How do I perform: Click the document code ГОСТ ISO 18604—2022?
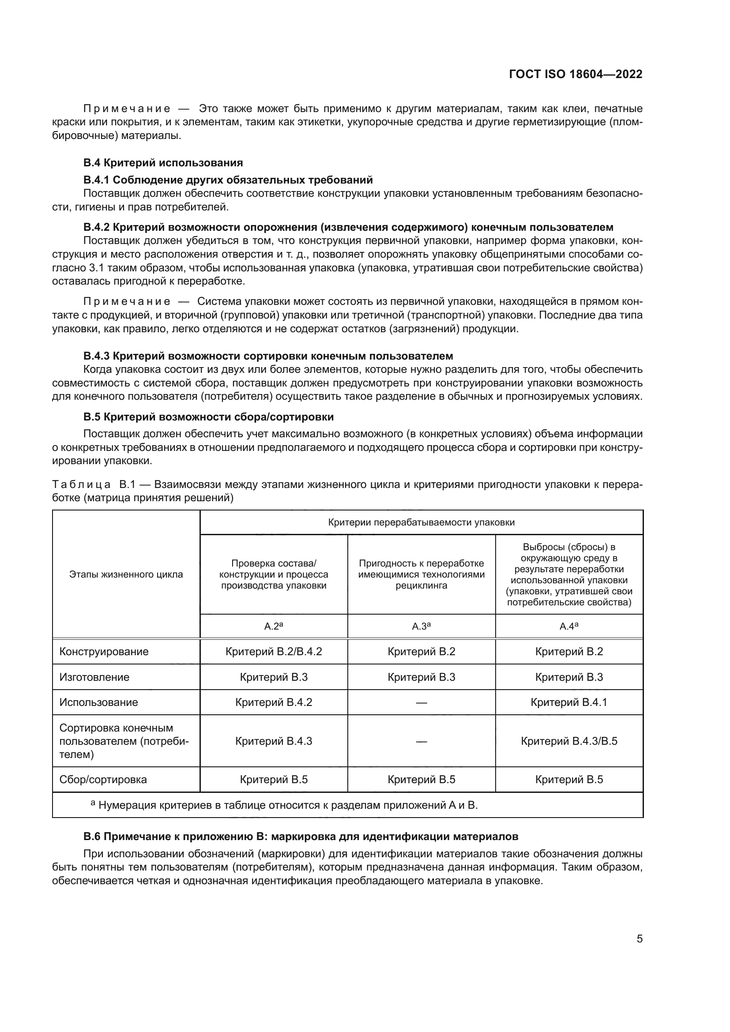point(576,74)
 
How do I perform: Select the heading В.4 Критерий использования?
point(163,163)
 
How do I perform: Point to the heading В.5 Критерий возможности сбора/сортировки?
point(209,417)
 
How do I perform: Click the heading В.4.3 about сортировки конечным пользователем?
point(268,356)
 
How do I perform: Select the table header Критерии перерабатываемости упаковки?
point(421,522)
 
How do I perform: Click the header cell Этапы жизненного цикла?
point(126,574)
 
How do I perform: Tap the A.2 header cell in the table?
point(273,626)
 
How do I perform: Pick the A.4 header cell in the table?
point(568,626)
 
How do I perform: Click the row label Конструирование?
point(104,652)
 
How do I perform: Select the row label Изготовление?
point(94,677)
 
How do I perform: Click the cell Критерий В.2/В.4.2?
point(273,652)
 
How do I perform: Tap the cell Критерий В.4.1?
point(568,702)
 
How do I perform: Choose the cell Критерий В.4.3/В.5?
point(568,741)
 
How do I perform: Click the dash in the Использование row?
point(421,703)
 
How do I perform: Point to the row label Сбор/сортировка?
point(103,779)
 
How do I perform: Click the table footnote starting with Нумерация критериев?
point(288,805)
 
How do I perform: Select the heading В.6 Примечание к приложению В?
point(300,837)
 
